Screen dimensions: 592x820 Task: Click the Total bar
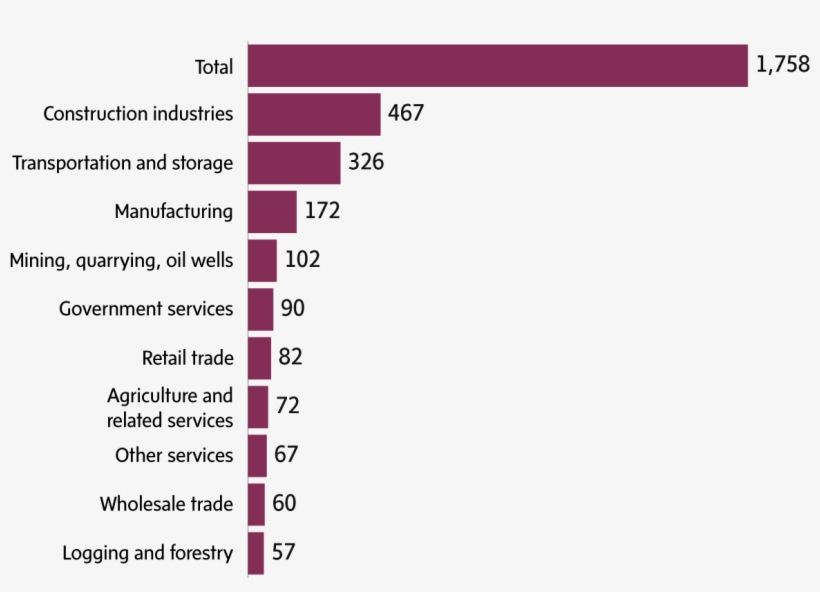tap(497, 66)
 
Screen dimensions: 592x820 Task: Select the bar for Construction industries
tap(314, 114)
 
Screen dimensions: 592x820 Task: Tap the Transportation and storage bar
tap(294, 163)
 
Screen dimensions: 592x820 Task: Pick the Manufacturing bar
tap(272, 212)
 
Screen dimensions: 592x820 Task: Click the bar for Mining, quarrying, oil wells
tap(262, 260)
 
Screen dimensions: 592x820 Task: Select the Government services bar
tap(260, 309)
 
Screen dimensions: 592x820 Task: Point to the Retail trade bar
tap(259, 358)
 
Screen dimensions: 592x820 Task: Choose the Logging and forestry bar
tap(256, 553)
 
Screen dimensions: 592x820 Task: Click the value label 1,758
tap(782, 66)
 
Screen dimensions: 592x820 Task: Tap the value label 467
tap(406, 113)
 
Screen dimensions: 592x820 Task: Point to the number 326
tap(366, 162)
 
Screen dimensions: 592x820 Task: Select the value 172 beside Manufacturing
tap(322, 211)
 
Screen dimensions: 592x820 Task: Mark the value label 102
tap(302, 260)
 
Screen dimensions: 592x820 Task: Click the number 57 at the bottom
tap(283, 552)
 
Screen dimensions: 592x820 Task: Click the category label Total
tap(213, 67)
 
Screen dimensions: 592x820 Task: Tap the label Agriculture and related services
tap(170, 408)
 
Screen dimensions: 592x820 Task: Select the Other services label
tap(174, 455)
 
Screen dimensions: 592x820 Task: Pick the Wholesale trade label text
tap(166, 504)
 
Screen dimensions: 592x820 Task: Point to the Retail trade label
tap(187, 358)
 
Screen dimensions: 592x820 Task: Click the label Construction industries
tap(138, 114)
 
